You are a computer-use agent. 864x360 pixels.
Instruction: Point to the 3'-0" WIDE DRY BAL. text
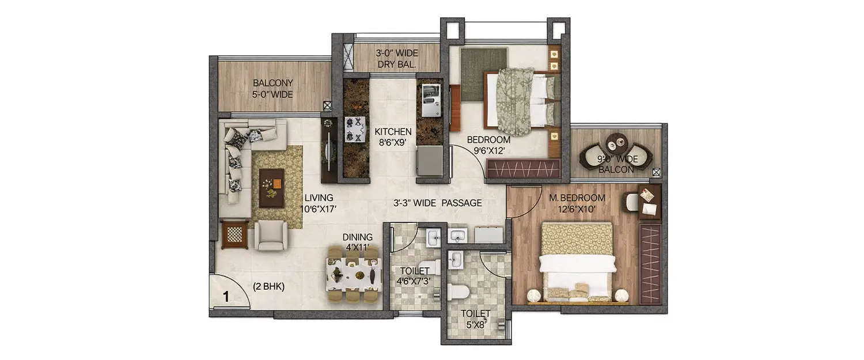tap(397, 59)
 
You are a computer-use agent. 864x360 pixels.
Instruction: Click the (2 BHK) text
tap(269, 286)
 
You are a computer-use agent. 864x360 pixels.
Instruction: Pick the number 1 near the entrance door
tap(226, 297)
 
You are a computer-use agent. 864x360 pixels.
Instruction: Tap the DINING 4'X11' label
tap(358, 241)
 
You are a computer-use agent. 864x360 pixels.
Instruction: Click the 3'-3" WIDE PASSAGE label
tap(438, 203)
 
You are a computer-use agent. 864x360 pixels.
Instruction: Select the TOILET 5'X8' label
tap(475, 319)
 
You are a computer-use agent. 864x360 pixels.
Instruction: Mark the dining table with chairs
tap(354, 275)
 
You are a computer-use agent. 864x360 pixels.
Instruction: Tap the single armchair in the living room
tap(271, 235)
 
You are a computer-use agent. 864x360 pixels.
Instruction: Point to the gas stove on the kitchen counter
tap(355, 129)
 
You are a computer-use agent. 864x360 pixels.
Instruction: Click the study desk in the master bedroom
tap(650, 202)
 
